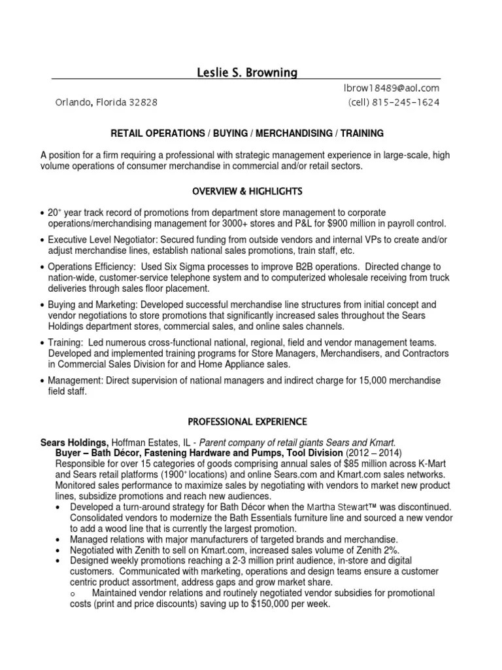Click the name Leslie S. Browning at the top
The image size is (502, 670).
246,73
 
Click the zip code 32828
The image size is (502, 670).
142,103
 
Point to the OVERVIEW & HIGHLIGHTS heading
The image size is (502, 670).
247,191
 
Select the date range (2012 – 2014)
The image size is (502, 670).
373,453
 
